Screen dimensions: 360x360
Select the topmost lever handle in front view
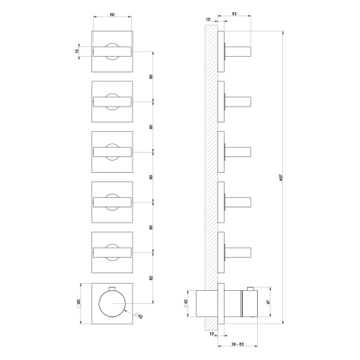[x=113, y=50]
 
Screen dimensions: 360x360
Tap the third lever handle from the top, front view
[x=113, y=151]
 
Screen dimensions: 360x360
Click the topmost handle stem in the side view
[x=238, y=50]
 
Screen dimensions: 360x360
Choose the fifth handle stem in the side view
[x=238, y=252]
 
